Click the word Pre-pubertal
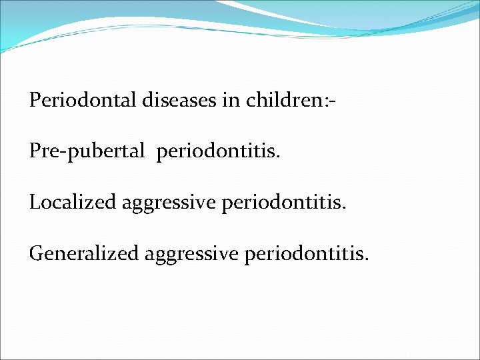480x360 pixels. pos(87,151)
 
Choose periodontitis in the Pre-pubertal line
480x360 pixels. pos(219,151)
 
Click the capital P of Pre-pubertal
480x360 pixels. pos(35,151)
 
